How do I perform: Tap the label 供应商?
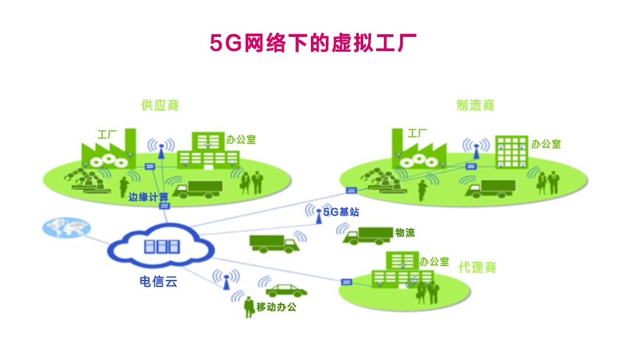click(160, 105)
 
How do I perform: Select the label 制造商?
click(475, 105)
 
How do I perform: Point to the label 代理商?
click(477, 268)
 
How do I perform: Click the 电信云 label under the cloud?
click(157, 282)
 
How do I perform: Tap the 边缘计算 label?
click(148, 196)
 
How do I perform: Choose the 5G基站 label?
click(341, 211)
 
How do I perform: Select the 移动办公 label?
click(276, 307)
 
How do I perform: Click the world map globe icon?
click(65, 228)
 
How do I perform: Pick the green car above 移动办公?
click(282, 289)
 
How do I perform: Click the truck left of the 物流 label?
click(367, 235)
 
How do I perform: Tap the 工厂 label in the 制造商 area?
click(417, 134)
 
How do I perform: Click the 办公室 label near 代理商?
click(434, 262)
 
